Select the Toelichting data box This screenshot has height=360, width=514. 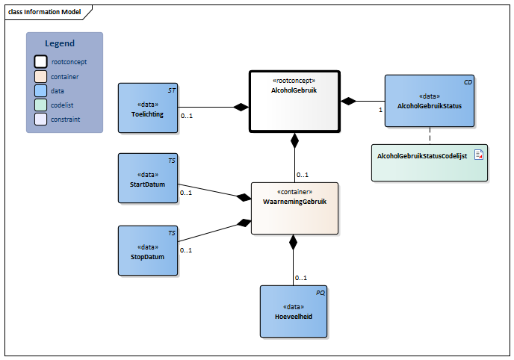148,108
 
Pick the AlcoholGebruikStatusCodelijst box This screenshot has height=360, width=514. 429,162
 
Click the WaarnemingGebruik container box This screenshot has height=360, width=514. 294,208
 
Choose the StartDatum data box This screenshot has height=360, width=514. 148,179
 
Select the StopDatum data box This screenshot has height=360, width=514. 148,251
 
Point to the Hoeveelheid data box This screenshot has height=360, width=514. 294,311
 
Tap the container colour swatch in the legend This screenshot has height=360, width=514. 40,77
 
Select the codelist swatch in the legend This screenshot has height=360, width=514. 40,105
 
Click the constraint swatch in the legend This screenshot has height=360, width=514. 40,120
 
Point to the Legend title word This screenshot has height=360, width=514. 60,44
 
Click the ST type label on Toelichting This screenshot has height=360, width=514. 171,90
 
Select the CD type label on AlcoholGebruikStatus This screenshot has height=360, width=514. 468,81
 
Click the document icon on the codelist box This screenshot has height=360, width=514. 479,155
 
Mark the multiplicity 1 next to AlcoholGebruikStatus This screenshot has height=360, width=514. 380,110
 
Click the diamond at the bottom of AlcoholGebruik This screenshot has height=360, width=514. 294,140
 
